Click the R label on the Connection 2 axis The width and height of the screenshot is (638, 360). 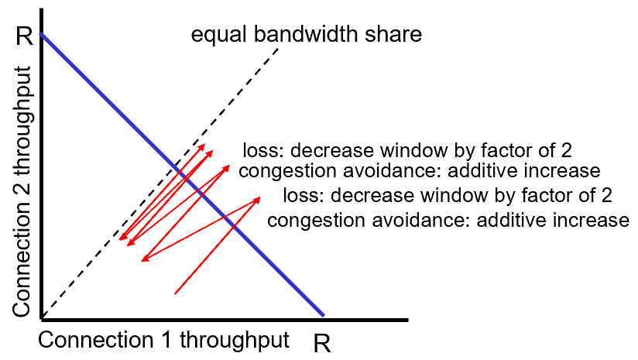pos(23,36)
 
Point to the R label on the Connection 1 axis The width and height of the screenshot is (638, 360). pos(322,343)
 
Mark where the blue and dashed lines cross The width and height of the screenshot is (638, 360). pos(181,175)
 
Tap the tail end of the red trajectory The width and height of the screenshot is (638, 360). pos(176,293)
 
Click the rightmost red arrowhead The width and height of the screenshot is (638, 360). pos(259,199)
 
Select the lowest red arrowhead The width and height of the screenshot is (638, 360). pos(142,260)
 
